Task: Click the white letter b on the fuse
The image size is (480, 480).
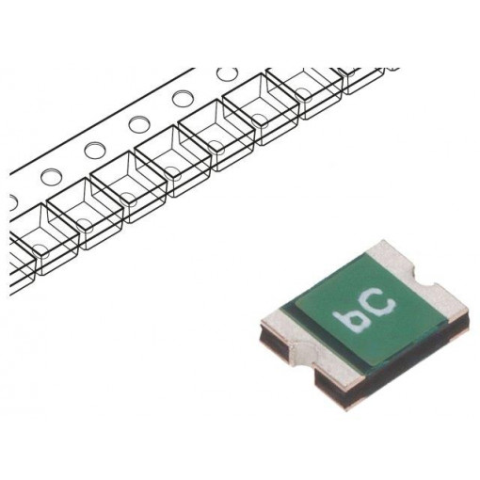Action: tap(357, 321)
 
